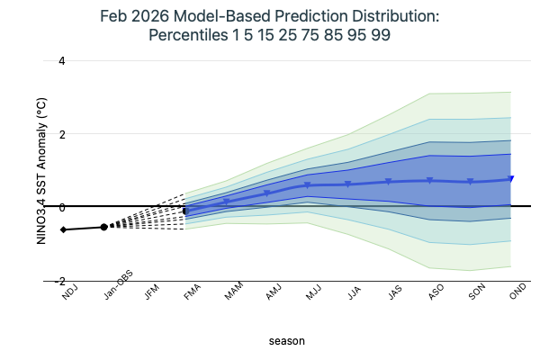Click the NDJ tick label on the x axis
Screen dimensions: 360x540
point(68,292)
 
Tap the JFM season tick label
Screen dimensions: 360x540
point(149,292)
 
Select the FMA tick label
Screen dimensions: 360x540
point(191,292)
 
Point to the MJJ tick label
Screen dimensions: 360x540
point(312,292)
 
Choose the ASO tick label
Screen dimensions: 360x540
point(435,292)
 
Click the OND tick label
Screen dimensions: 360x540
point(517,292)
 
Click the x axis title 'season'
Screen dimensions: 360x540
point(287,341)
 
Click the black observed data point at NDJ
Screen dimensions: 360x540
point(63,229)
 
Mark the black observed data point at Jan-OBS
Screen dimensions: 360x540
point(103,227)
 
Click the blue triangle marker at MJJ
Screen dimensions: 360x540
point(308,185)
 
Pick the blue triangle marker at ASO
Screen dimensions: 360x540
point(430,181)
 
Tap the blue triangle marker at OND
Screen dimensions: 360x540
point(511,179)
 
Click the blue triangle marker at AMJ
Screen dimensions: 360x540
point(267,193)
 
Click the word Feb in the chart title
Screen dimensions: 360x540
point(167,17)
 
